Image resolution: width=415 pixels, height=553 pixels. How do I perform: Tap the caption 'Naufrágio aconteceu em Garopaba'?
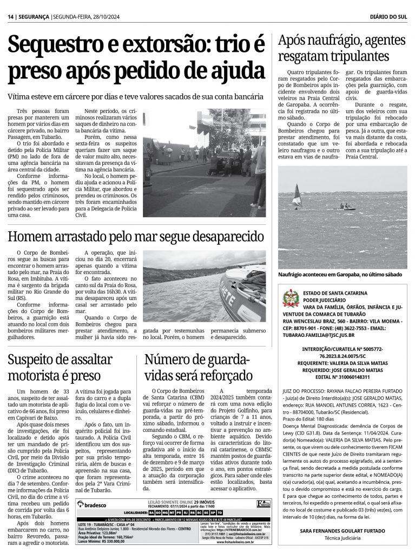click(340, 275)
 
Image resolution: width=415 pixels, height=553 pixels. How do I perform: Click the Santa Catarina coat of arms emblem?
click(291, 298)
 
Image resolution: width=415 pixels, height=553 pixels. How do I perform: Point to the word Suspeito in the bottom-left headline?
click(40, 360)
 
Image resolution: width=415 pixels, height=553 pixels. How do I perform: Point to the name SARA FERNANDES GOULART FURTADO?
click(342, 531)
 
